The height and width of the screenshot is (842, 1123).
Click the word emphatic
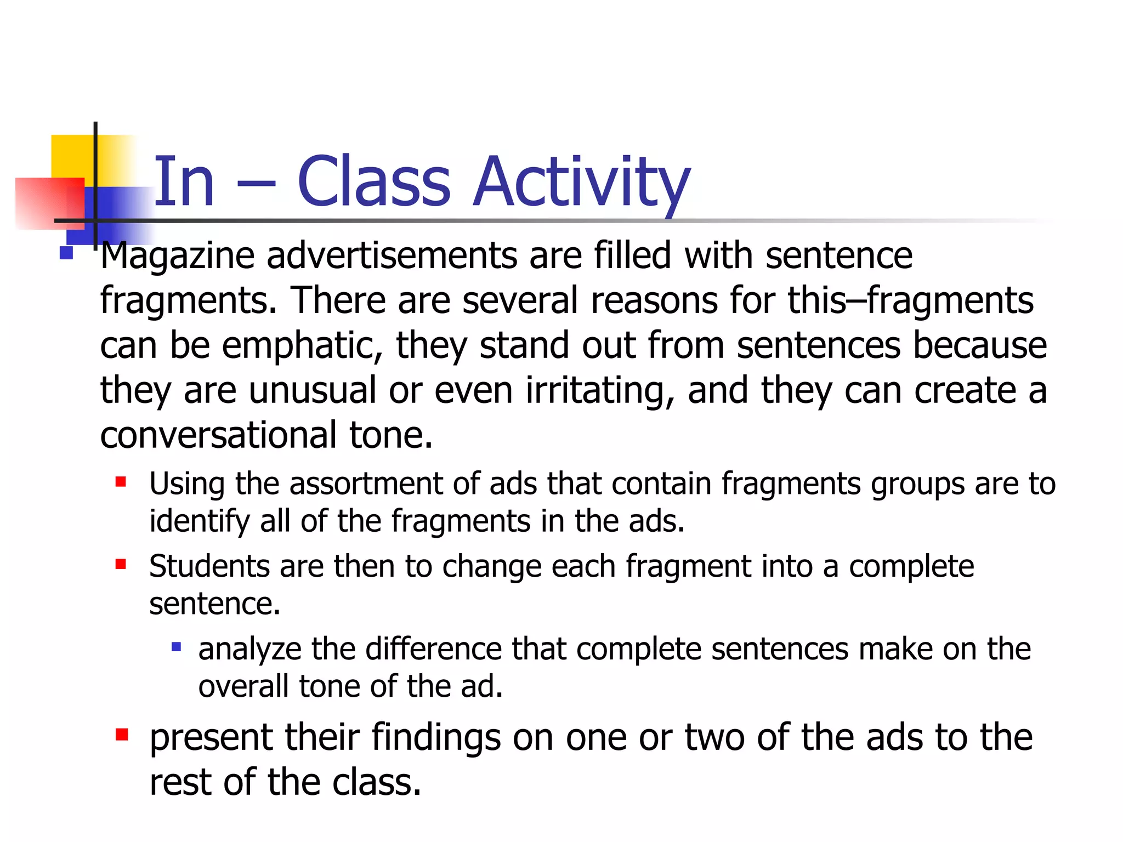(x=302, y=345)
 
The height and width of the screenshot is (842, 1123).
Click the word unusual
(x=313, y=390)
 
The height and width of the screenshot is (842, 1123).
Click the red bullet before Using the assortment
(x=121, y=482)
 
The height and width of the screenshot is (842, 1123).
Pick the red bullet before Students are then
(x=121, y=564)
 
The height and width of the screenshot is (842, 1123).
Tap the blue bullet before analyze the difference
(x=176, y=647)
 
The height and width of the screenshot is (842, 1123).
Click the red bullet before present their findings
(x=122, y=734)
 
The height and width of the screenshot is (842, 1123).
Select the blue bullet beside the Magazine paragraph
(x=66, y=253)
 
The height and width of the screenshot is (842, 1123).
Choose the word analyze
(x=249, y=650)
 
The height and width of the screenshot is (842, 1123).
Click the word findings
(x=436, y=737)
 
